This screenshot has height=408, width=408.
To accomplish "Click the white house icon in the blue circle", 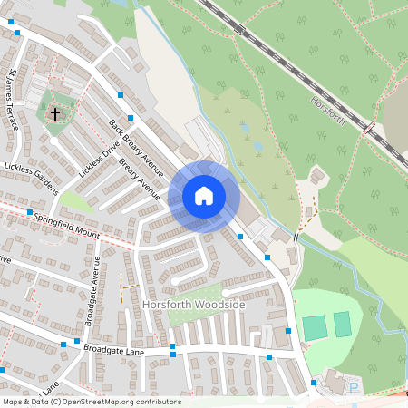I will click(204, 196).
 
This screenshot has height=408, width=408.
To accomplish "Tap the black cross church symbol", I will click(56, 114).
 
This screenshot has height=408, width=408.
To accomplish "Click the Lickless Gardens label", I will click(31, 179).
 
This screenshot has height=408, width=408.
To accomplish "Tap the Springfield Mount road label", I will click(66, 226).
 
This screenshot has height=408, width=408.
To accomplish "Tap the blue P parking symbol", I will click(354, 388).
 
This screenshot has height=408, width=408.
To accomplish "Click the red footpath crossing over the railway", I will click(369, 130).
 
